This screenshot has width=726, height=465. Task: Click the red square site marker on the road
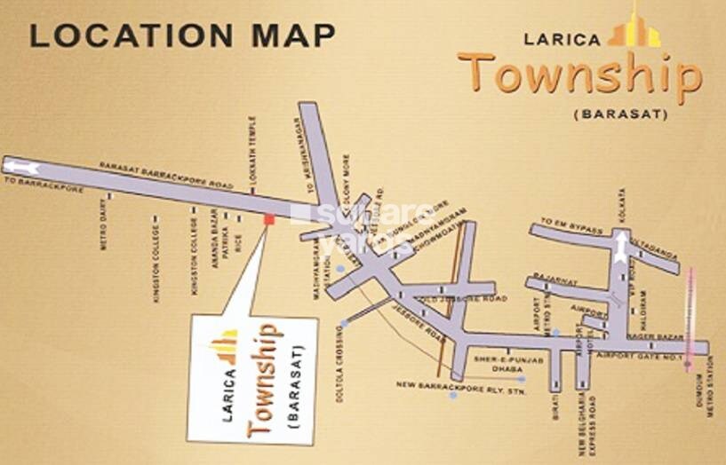(x=269, y=219)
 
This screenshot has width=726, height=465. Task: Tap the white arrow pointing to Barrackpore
(x=22, y=167)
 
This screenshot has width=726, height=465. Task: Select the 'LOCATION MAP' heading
(x=182, y=35)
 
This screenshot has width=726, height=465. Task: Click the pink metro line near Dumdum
(x=688, y=319)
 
